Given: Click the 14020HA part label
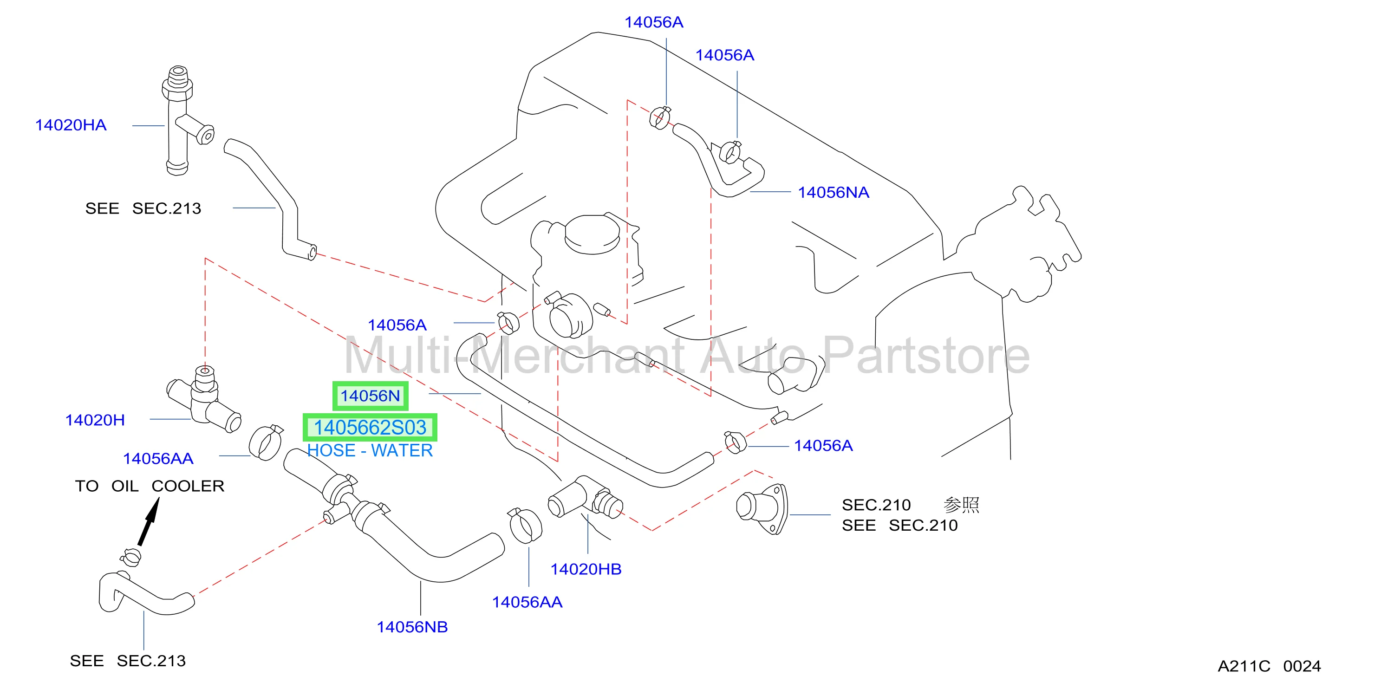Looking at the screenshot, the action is coord(71,125).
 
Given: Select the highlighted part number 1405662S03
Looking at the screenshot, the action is coord(370,428).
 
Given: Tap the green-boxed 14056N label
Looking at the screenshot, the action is coord(370,396).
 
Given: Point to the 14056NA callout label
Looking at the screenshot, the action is coord(833,193).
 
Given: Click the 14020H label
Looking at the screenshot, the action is coord(95,420).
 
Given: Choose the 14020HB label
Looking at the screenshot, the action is coord(586,569).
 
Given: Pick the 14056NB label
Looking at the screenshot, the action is coord(412,627).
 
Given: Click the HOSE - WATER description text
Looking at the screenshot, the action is coord(370,451).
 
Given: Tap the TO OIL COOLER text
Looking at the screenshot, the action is coord(150,486).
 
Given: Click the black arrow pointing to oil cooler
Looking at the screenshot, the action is coord(149,521).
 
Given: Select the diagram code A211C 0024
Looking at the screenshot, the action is coord(1269,666).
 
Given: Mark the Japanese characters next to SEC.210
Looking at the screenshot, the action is coord(961,505).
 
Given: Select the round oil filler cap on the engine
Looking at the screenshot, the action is coord(592,234).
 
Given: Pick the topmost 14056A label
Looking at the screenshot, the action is coord(653,22).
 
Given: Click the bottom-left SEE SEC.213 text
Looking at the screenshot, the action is coord(128,661).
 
